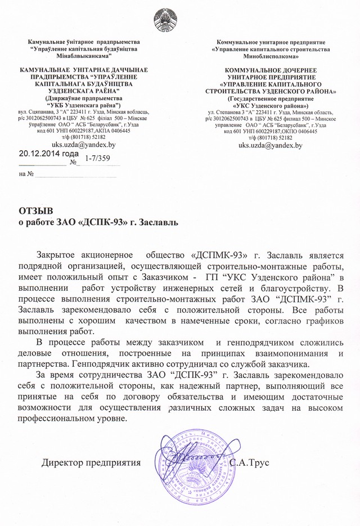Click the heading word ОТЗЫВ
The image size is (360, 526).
[x=35, y=211]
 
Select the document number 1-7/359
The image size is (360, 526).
[x=97, y=159]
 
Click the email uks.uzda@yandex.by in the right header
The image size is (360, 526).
[x=271, y=145]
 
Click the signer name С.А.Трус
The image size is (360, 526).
[x=250, y=462]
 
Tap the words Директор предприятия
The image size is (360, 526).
[x=91, y=462]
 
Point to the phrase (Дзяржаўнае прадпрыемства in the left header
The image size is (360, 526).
[x=83, y=98]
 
